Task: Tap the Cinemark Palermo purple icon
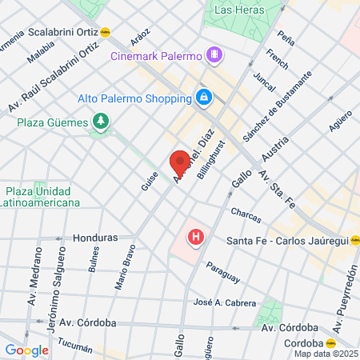click(x=214, y=54)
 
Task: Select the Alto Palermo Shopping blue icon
click(x=204, y=98)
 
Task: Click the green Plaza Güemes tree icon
click(x=101, y=121)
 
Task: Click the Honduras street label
click(x=94, y=238)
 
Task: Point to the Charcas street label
click(x=245, y=213)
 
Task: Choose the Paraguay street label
click(x=222, y=272)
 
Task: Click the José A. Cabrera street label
click(x=225, y=303)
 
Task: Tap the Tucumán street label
click(x=76, y=349)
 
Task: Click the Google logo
click(x=26, y=350)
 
